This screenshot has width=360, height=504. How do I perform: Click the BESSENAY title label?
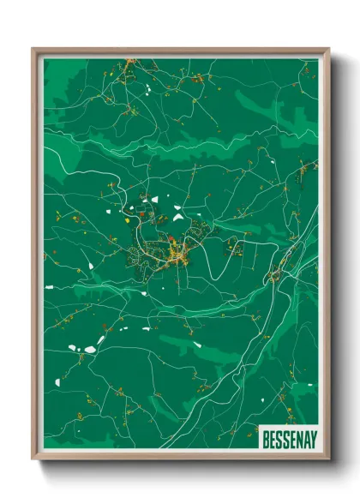[x=288, y=440]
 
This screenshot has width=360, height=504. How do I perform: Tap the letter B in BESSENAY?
[x=266, y=440]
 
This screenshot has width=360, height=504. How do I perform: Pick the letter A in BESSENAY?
[x=304, y=440]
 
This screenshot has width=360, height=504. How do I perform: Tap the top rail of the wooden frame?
[x=180, y=51]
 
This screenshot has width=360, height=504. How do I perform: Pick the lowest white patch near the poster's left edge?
[x=57, y=381]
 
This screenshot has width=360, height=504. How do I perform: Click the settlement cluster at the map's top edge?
[x=129, y=63]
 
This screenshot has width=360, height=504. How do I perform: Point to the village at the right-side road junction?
[x=276, y=274]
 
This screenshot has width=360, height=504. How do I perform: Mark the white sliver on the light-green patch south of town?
[x=197, y=345]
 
